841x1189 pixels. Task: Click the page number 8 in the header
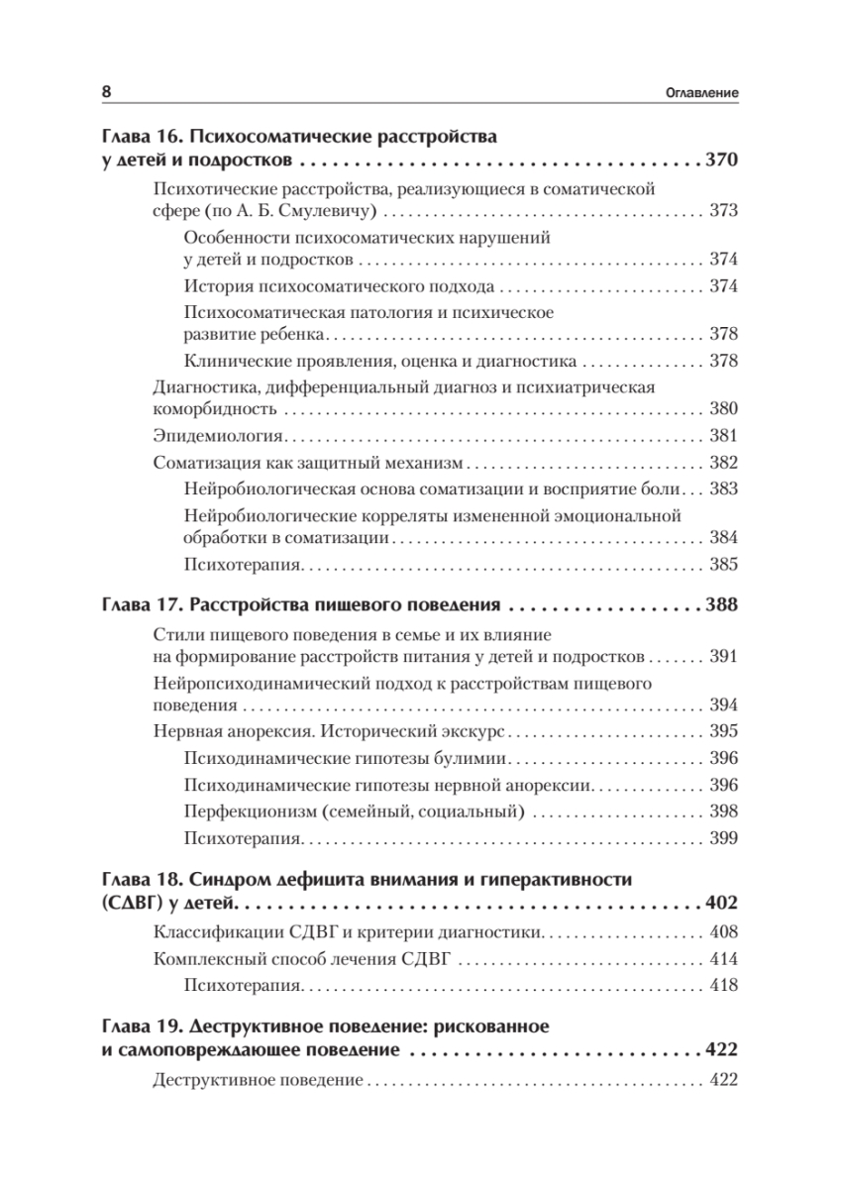pyautogui.click(x=107, y=92)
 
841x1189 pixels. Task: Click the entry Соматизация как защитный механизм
pyautogui.click(x=308, y=462)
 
